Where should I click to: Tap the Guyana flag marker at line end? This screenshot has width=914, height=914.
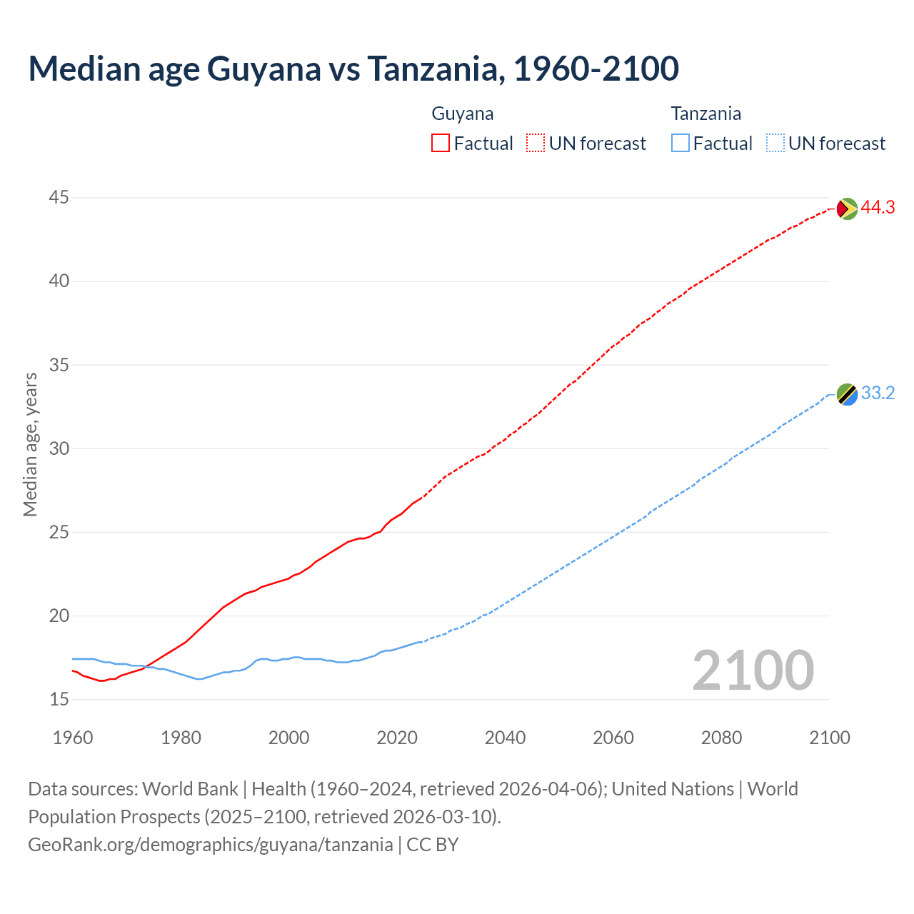[x=847, y=209]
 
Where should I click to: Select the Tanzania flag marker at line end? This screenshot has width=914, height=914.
[x=847, y=394]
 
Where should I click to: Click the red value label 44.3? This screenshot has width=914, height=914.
[x=878, y=208]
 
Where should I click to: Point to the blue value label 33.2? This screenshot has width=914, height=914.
[x=878, y=393]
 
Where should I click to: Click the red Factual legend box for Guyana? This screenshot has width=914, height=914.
[x=441, y=144]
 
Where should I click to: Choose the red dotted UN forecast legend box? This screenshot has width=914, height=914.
[x=536, y=144]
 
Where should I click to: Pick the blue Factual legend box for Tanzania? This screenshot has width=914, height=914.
[x=681, y=144]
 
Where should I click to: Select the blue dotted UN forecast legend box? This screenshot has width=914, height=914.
[x=775, y=144]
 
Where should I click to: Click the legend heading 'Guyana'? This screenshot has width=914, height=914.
[x=463, y=114]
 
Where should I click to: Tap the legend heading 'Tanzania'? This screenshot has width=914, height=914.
[x=705, y=114]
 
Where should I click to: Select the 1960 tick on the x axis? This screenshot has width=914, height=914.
[x=73, y=738]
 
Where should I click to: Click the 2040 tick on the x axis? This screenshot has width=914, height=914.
[x=505, y=738]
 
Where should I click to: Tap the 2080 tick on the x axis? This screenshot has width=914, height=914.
[x=721, y=738]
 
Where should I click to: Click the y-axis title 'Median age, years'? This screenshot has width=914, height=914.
[x=30, y=444]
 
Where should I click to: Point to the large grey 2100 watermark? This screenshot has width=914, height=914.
[x=753, y=670]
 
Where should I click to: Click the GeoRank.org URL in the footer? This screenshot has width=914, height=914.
[x=210, y=845]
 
